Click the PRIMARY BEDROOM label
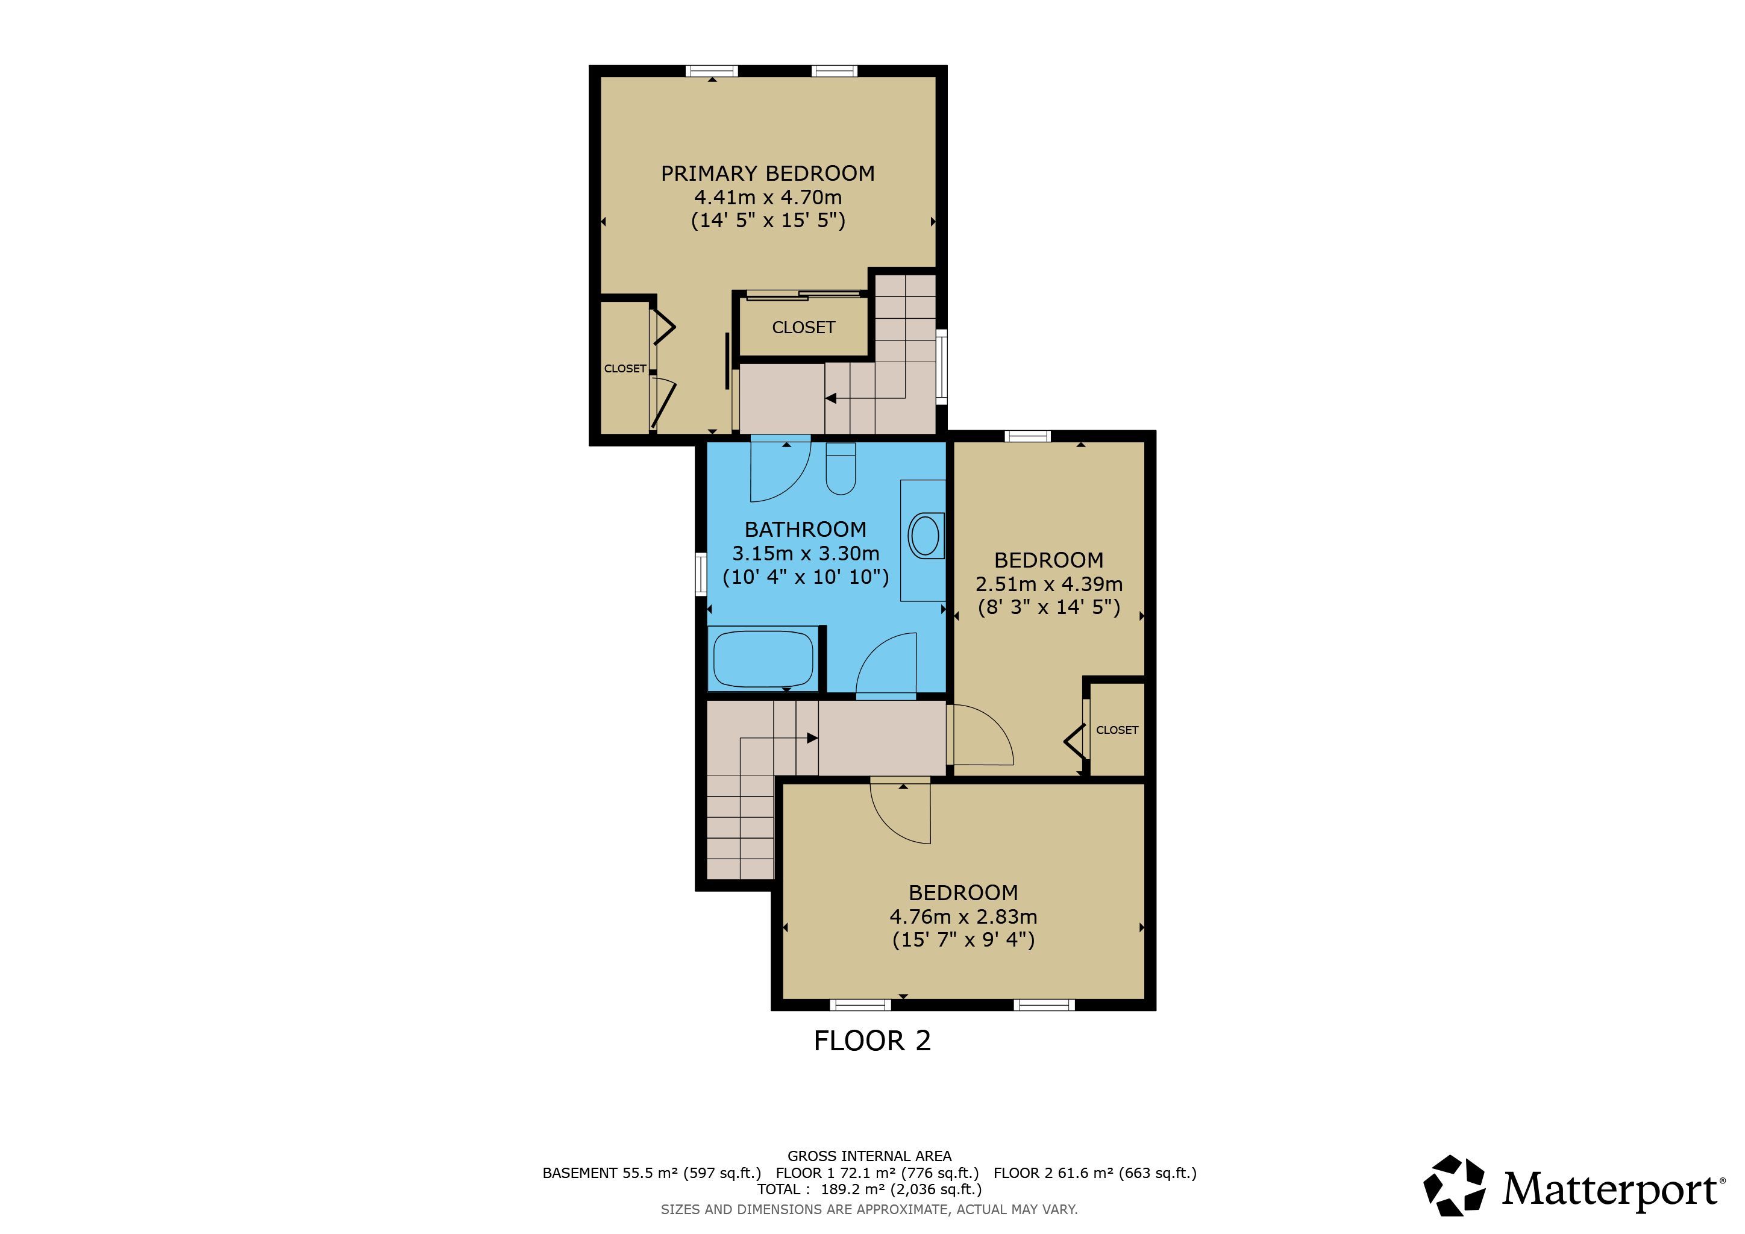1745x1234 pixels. pyautogui.click(x=768, y=174)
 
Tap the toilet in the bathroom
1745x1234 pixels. pyautogui.click(x=841, y=468)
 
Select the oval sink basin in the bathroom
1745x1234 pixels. pyautogui.click(x=925, y=536)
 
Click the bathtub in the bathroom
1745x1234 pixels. pyautogui.click(x=763, y=659)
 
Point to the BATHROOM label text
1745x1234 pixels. pyautogui.click(x=806, y=530)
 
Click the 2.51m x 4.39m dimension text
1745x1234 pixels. pyautogui.click(x=1049, y=584)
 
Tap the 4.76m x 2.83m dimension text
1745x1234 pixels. pyautogui.click(x=963, y=917)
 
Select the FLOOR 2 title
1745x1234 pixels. pyautogui.click(x=872, y=1041)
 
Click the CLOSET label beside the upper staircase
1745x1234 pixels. pyautogui.click(x=803, y=328)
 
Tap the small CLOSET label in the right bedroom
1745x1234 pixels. pyautogui.click(x=1117, y=730)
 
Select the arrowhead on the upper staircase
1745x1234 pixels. pyautogui.click(x=831, y=398)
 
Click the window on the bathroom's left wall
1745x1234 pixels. pyautogui.click(x=701, y=574)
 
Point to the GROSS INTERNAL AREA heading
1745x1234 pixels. pyautogui.click(x=869, y=1156)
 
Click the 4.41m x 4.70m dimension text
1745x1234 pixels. pyautogui.click(x=768, y=198)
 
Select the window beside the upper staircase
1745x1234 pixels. pyautogui.click(x=942, y=366)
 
